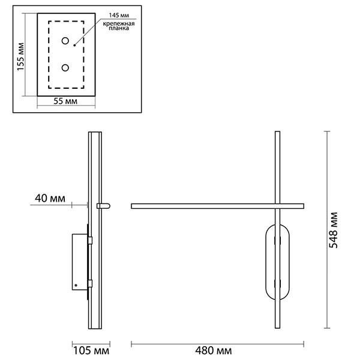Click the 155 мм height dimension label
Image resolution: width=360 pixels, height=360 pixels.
pyautogui.click(x=20, y=57)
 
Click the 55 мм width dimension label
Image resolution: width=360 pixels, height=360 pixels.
pyautogui.click(x=65, y=101)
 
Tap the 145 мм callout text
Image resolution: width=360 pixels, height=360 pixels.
pyautogui.click(x=119, y=16)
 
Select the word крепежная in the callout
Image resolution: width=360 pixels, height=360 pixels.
pyautogui.click(x=119, y=23)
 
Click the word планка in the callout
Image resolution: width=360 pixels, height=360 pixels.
pyautogui.click(x=119, y=28)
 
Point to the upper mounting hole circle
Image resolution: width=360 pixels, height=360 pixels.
pyautogui.click(x=65, y=41)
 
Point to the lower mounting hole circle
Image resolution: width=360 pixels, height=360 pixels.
pyautogui.click(x=65, y=68)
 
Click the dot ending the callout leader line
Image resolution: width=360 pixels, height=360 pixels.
pyautogui.click(x=74, y=46)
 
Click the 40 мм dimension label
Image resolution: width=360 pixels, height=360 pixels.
pyautogui.click(x=50, y=199)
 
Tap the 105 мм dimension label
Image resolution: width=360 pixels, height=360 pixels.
pyautogui.click(x=91, y=351)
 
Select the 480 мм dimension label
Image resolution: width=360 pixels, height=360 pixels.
pyautogui.click(x=214, y=351)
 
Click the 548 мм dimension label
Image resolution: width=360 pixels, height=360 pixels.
pyautogui.click(x=334, y=230)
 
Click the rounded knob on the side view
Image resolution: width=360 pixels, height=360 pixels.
pyautogui.click(x=104, y=206)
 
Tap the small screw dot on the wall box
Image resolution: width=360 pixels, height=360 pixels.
pyautogui.click(x=76, y=286)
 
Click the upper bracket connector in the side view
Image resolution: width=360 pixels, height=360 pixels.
pyautogui.click(x=90, y=241)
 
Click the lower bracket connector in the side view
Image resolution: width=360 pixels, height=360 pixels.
pyautogui.click(x=90, y=284)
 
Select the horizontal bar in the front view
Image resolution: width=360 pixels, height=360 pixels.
pyautogui.click(x=218, y=206)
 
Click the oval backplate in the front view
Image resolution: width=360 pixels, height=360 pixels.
pyautogui.click(x=277, y=262)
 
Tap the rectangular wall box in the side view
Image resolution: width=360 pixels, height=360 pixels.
pyautogui.click(x=80, y=262)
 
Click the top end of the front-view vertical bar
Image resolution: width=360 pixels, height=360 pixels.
pyautogui.click(x=277, y=131)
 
